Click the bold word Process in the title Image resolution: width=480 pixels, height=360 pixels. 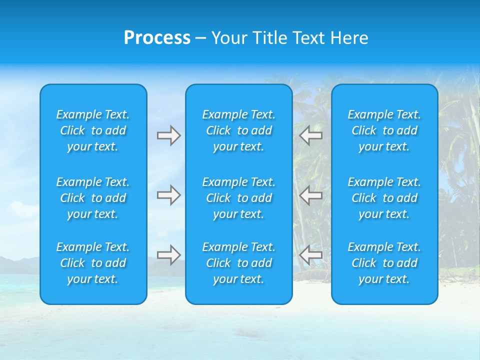(157, 38)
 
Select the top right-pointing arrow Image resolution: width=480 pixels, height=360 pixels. (169, 135)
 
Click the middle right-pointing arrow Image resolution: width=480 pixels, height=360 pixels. (169, 195)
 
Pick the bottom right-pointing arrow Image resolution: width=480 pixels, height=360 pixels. (169, 255)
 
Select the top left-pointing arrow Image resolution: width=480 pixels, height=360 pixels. (310, 135)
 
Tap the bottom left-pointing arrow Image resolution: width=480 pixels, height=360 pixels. (310, 255)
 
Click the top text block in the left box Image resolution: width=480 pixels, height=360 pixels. (93, 130)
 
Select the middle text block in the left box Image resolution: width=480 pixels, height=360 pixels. (93, 198)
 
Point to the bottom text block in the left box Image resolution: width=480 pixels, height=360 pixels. (93, 263)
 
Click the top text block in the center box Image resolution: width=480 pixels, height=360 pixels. (239, 130)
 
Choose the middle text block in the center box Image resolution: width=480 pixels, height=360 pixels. (239, 198)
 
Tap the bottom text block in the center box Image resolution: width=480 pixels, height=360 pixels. (239, 263)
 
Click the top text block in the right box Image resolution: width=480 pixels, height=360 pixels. (384, 130)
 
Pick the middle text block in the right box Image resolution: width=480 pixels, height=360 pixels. (384, 198)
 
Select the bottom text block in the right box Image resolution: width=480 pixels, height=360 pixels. (384, 263)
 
